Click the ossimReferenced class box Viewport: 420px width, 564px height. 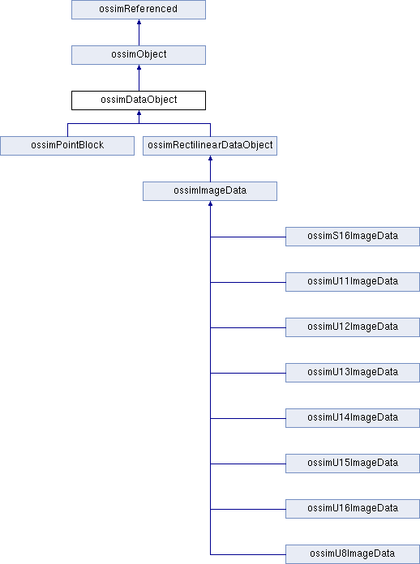click(139, 10)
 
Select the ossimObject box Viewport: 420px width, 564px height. click(139, 55)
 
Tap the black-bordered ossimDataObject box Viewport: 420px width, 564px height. click(139, 100)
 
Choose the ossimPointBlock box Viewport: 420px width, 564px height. click(67, 146)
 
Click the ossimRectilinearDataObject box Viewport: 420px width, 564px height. click(210, 146)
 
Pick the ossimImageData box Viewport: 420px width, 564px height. click(210, 191)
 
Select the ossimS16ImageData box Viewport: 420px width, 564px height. click(353, 237)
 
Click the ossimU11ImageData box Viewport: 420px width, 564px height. click(353, 282)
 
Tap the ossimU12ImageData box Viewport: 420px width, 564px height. click(353, 327)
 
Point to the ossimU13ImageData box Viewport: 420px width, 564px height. click(353, 373)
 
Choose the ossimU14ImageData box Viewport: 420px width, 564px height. click(353, 418)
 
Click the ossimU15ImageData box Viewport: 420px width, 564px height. click(353, 464)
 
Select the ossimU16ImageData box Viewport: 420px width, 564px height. click(353, 509)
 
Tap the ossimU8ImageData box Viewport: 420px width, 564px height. click(353, 554)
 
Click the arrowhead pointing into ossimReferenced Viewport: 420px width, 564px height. click(139, 22)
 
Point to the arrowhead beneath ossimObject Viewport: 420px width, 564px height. click(139, 67)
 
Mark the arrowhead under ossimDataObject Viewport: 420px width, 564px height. click(139, 113)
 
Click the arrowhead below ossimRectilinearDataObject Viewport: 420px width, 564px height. click(210, 158)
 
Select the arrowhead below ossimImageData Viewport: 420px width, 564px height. click(210, 203)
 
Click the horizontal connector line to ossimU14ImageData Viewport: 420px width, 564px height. click(248, 418)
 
